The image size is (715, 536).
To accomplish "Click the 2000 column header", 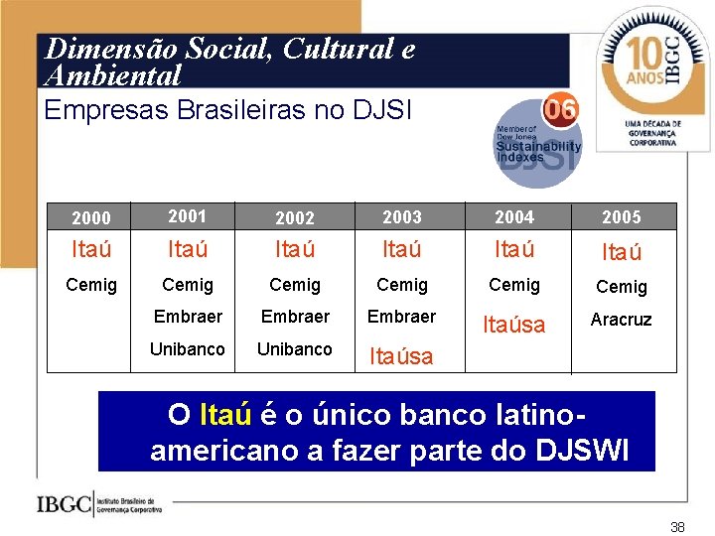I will click(x=91, y=217).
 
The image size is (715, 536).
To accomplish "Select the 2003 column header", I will click(x=402, y=217).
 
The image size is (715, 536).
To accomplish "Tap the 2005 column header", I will click(x=622, y=217).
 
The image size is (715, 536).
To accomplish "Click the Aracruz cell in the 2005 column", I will click(x=621, y=320).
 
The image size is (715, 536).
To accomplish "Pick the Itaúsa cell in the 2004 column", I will click(x=513, y=325).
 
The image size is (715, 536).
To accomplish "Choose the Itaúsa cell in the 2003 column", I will click(x=401, y=356).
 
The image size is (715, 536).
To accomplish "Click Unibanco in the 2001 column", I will click(x=187, y=349).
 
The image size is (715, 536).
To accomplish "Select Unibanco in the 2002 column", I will click(x=295, y=349).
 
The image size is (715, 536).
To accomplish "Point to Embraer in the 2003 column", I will click(x=401, y=317).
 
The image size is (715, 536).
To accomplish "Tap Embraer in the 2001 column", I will click(x=187, y=317).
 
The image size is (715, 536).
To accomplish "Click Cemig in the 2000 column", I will click(x=91, y=286).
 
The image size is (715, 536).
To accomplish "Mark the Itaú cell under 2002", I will click(x=295, y=250).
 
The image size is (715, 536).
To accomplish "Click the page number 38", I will click(x=677, y=527).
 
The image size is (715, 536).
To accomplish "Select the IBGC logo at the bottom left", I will click(x=99, y=504).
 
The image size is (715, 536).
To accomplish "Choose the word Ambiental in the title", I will click(x=113, y=75).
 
